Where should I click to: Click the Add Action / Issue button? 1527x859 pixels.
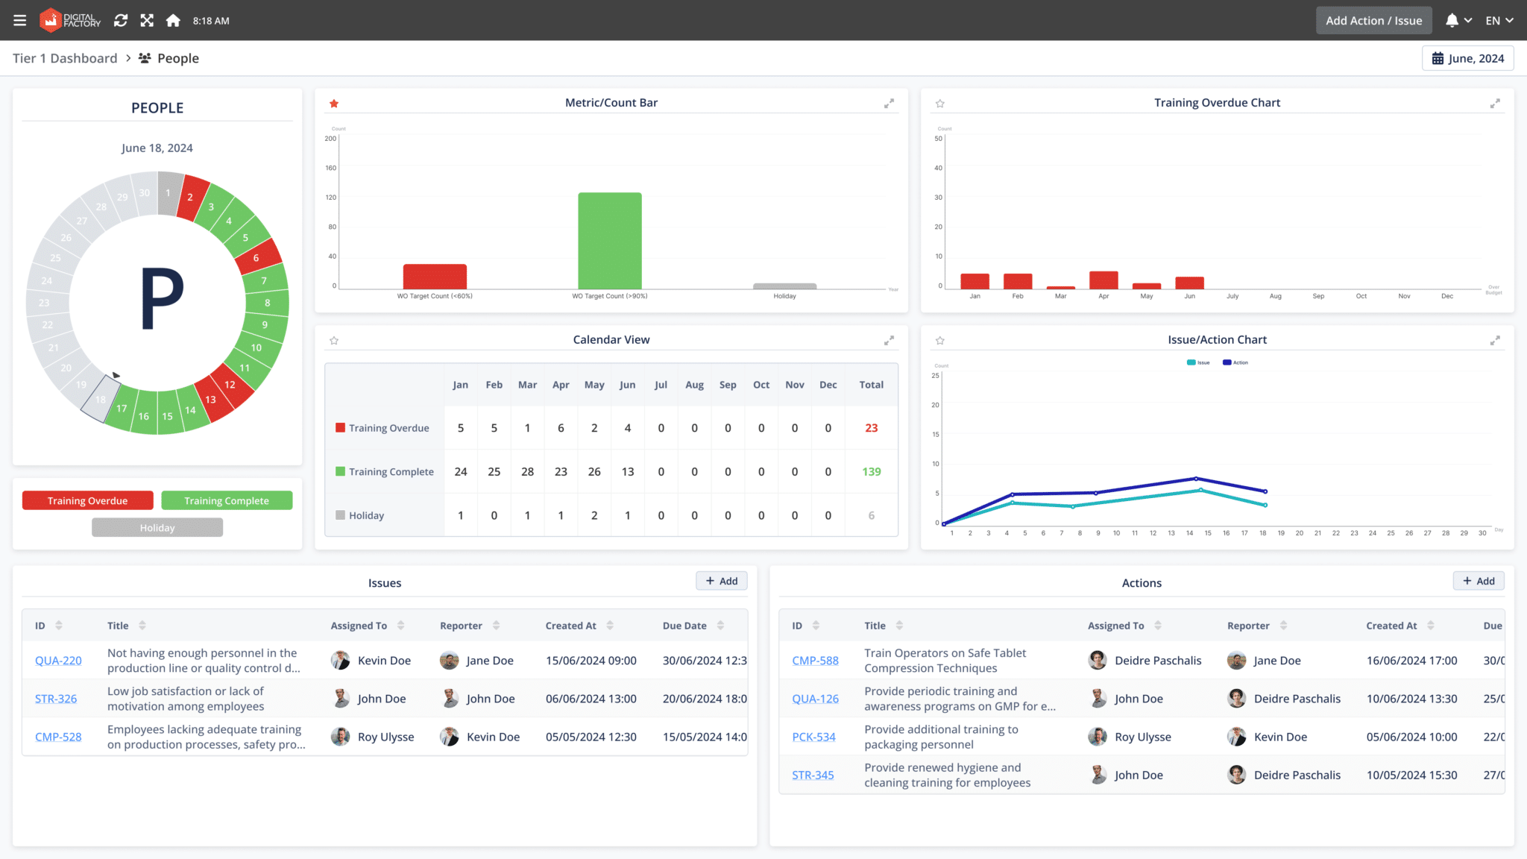pos(1373,21)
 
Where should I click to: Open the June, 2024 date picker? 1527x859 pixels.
pos(1467,58)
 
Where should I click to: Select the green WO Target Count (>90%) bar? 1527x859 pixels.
pos(609,240)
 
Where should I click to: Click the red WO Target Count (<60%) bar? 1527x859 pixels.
pos(435,276)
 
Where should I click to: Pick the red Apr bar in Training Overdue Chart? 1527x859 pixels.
pos(1103,280)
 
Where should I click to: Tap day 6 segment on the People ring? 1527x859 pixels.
pos(257,257)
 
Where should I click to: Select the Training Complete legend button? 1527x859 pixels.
pos(227,500)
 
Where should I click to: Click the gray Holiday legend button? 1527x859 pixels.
pos(157,527)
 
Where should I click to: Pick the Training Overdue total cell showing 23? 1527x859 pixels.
pos(871,428)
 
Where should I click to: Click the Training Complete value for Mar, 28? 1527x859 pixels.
pos(527,471)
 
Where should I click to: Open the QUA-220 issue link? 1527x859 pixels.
pos(58,661)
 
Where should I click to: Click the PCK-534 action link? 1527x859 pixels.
pos(813,737)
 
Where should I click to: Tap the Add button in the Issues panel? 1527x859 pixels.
pos(721,581)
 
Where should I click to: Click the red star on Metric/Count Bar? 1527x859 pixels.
pos(334,104)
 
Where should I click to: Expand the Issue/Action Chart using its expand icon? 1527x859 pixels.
pos(1494,340)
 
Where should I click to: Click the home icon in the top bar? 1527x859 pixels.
pos(173,21)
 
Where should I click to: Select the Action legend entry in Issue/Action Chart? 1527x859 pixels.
pos(1235,362)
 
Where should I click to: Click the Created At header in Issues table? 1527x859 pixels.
pos(570,626)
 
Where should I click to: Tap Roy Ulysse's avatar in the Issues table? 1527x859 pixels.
pos(341,737)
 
